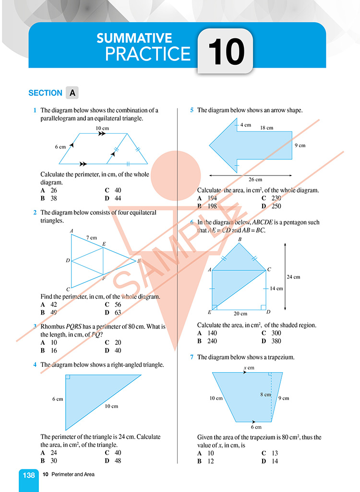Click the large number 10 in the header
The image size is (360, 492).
tap(227, 52)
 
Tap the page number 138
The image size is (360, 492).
tap(29, 475)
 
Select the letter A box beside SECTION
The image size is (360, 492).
tap(72, 93)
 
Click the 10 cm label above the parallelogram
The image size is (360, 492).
tap(102, 128)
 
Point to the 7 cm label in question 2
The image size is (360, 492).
tap(91, 237)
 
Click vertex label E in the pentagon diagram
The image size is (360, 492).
tap(209, 312)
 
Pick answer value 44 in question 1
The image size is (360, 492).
tap(117, 198)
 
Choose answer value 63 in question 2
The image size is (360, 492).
tap(117, 313)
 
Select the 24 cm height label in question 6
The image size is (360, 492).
tap(293, 277)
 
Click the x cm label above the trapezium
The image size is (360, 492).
tap(248, 368)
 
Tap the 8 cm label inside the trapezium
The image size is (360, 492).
tap(265, 395)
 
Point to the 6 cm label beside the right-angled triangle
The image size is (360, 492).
tap(58, 398)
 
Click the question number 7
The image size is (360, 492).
tap(192, 357)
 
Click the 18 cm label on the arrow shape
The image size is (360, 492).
tap(266, 128)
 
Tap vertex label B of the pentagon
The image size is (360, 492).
tap(240, 239)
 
